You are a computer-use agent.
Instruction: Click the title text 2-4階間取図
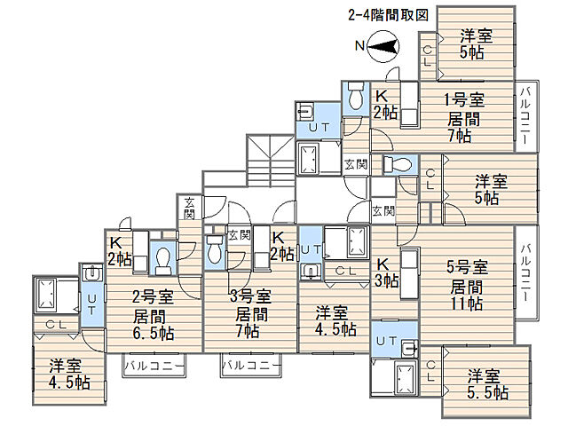coord(389,16)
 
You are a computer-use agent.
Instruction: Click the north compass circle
coord(383,47)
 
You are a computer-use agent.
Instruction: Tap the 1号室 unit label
coord(464,100)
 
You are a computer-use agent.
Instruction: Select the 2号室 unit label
coord(153,296)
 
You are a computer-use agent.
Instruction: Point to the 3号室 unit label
coord(250,296)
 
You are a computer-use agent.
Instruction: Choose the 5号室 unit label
coord(468,267)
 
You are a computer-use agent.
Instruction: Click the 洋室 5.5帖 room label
coord(487,384)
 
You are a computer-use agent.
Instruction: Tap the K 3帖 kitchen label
coord(386,272)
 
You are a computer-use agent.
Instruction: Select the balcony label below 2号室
coord(154,366)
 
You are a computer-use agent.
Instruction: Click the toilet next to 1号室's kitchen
coord(355,95)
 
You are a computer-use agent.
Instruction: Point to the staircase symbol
coord(271,161)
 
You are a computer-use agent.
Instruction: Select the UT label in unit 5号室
coord(386,341)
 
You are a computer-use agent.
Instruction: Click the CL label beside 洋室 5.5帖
coord(430,371)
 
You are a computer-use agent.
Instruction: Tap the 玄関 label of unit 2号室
coord(189,209)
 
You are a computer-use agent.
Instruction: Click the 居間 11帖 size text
coord(467,296)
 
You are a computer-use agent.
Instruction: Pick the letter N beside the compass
coord(359,46)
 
